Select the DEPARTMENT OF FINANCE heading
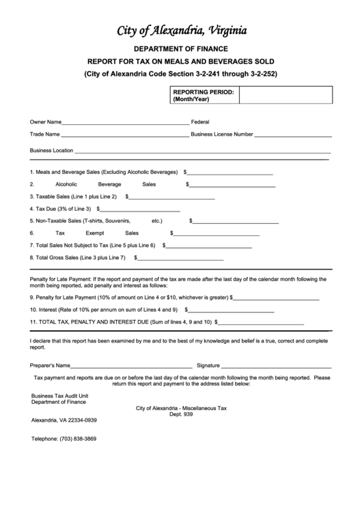click(181, 49)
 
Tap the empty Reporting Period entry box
click(286, 95)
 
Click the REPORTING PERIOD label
click(204, 95)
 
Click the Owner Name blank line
click(126, 123)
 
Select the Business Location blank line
click(202, 151)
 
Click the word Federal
click(200, 122)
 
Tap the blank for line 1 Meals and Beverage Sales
click(230, 173)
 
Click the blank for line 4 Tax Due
click(141, 209)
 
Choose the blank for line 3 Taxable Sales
click(172, 197)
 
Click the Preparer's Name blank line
click(130, 366)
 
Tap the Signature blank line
click(276, 366)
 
